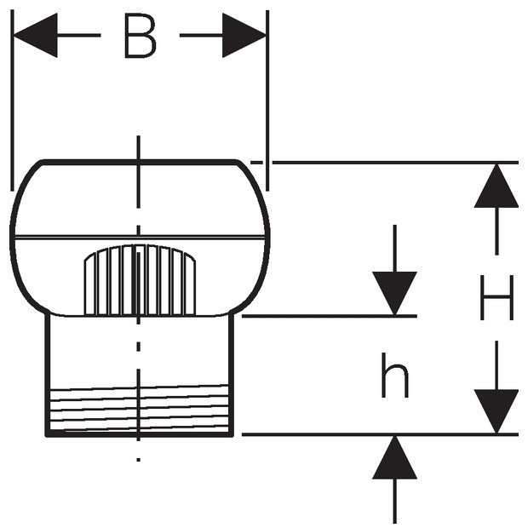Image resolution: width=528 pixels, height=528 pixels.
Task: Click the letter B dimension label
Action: pos(140,36)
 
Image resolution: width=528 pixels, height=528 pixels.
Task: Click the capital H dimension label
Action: pos(496,297)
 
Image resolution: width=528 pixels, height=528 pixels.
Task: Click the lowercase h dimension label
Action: pos(394,375)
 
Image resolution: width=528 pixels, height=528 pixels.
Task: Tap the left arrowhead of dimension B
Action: pos(36,36)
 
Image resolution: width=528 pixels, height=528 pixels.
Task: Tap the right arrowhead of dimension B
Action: pos(244,36)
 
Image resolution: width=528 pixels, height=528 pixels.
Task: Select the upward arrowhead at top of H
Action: pos(496,185)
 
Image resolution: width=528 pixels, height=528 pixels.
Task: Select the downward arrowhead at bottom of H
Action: pos(496,411)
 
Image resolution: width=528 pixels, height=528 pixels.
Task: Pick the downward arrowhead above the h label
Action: pos(394,294)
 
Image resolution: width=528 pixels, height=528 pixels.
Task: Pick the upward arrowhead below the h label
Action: pos(394,457)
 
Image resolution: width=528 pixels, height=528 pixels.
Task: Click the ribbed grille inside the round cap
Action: pos(140,280)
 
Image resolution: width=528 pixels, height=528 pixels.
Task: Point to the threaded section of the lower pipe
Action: pos(140,409)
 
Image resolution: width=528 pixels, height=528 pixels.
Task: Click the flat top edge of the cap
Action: pos(141,162)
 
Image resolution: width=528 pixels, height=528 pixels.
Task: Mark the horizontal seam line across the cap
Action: pos(140,238)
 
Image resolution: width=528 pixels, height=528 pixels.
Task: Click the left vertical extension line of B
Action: pos(13,100)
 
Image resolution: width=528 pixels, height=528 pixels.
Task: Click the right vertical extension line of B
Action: pos(267,100)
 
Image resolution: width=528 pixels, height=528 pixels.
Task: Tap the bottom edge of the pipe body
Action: pos(140,434)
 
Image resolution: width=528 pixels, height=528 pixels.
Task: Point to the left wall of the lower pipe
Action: pos(48,375)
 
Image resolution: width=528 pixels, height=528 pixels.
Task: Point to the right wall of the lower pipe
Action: pos(231,375)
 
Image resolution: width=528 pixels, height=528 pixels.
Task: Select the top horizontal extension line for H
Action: pos(395,163)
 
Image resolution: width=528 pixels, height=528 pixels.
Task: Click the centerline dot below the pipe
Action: pos(139,459)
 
